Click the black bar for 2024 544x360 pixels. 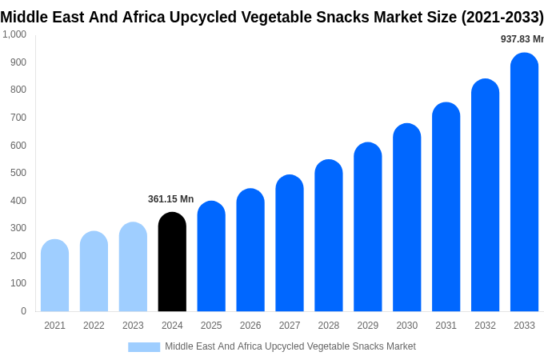click(x=172, y=262)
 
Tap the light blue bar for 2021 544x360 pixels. click(x=54, y=275)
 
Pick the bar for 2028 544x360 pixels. click(x=328, y=235)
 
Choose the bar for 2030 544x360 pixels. click(x=406, y=218)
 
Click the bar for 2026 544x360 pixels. click(x=250, y=250)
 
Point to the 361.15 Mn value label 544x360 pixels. click(x=170, y=199)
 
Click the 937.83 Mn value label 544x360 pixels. click(x=522, y=39)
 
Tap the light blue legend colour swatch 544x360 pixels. click(x=144, y=347)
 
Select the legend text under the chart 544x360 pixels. click(x=290, y=346)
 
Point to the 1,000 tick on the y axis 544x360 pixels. click(x=14, y=34)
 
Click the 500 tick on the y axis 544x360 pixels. click(x=18, y=173)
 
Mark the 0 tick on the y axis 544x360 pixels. click(x=23, y=311)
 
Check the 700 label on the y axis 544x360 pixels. click(x=18, y=118)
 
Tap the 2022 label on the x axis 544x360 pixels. click(x=94, y=326)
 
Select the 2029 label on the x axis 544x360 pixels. click(x=367, y=326)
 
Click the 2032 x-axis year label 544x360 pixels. click(x=485, y=326)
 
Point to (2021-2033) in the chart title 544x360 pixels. click(x=502, y=17)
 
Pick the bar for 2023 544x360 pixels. click(x=133, y=266)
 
